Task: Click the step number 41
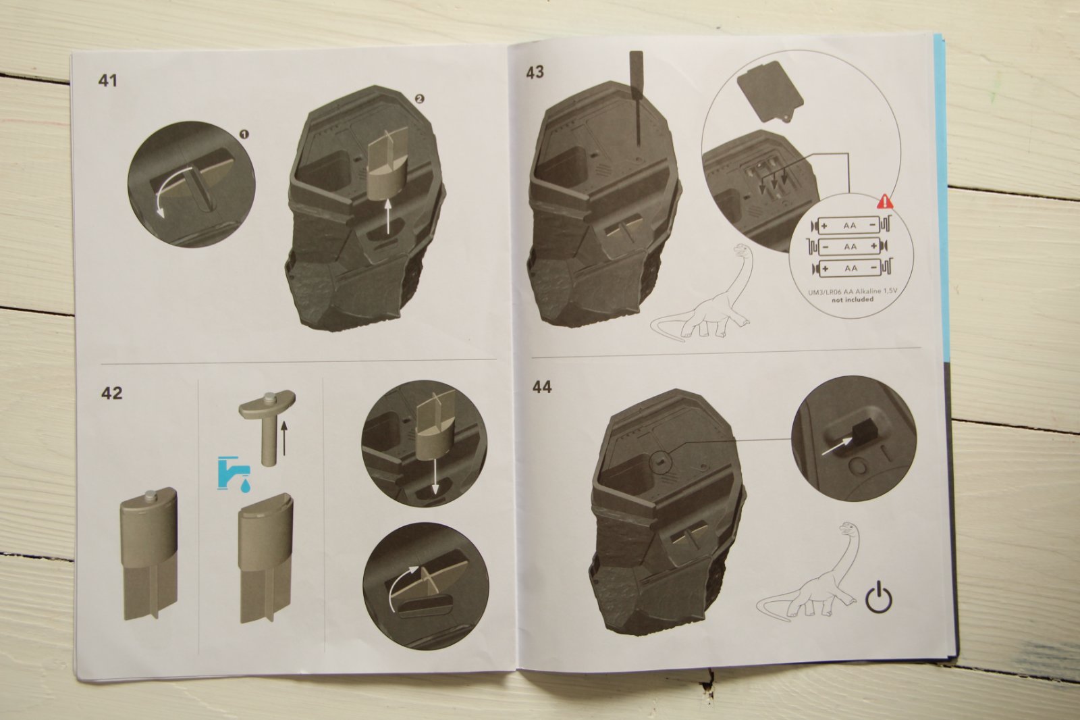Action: point(107,80)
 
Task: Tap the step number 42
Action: point(112,393)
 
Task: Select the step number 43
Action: point(535,72)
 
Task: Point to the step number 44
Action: point(542,387)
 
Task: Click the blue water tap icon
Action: point(234,473)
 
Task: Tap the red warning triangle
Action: point(885,201)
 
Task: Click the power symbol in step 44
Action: point(879,597)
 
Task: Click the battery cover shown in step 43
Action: point(767,94)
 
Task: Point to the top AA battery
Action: point(850,226)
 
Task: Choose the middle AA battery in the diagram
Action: point(850,247)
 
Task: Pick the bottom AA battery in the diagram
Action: point(850,268)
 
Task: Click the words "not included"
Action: point(852,300)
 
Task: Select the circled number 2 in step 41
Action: point(418,99)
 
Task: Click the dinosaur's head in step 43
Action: point(742,249)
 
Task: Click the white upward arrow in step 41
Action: point(389,217)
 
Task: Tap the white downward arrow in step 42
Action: point(435,475)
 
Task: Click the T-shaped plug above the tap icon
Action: point(267,425)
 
